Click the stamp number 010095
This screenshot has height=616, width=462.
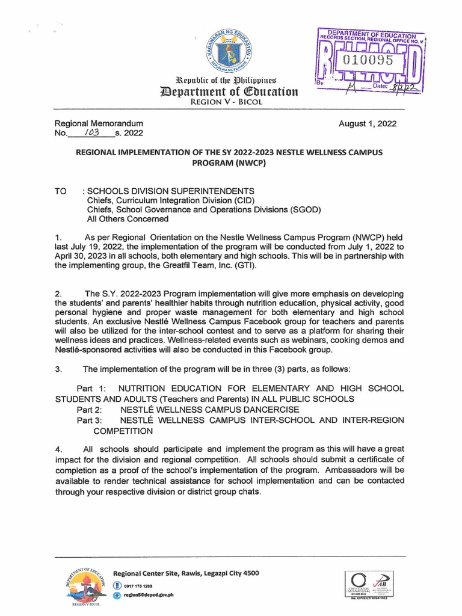coord(368,60)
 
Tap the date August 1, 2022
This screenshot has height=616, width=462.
coord(368,124)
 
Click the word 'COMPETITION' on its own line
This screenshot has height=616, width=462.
coord(123,431)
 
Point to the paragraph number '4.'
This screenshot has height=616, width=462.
coord(59,449)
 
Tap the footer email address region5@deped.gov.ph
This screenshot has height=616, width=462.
coord(149,594)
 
